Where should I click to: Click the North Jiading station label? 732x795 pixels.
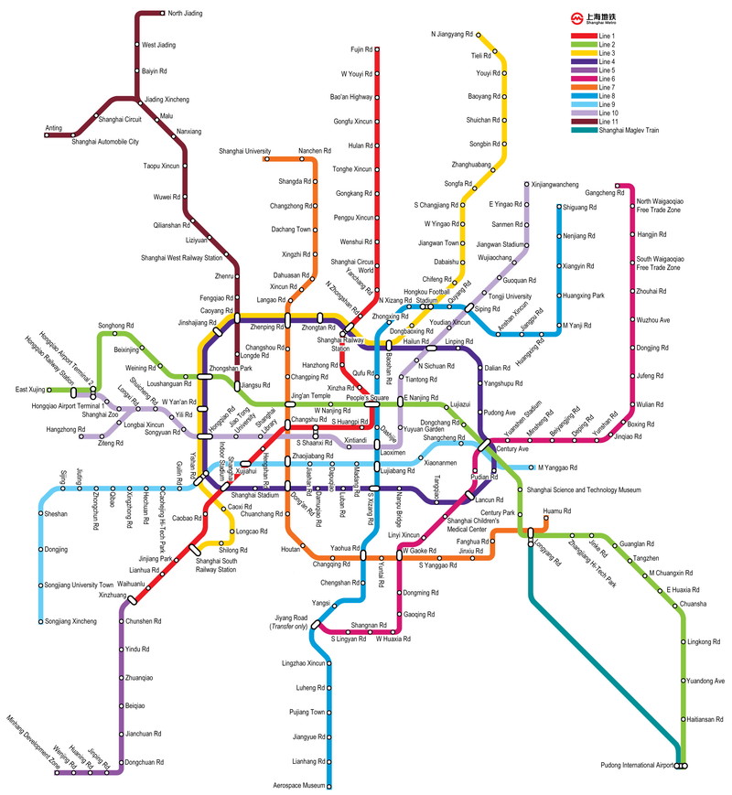tap(185, 14)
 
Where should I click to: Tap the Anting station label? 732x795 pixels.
tap(54, 128)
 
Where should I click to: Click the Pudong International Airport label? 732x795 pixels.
tap(636, 766)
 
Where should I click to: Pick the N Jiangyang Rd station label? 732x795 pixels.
tap(452, 35)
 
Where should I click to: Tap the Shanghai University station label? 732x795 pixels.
tap(244, 151)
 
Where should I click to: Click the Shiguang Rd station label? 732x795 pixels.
tap(579, 208)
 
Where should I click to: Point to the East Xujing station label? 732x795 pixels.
tap(30, 390)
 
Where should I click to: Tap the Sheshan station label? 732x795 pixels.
tap(56, 514)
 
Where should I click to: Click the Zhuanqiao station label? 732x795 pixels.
tap(138, 678)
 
